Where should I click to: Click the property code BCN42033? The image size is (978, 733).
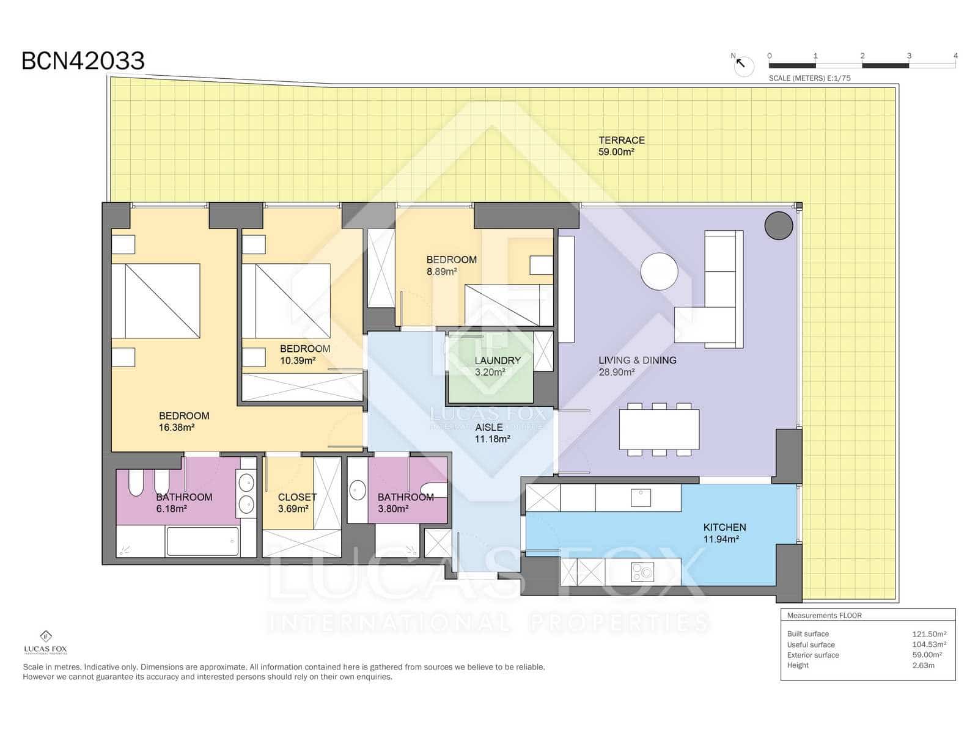[x=83, y=61]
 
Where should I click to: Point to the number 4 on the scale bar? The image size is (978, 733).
[x=955, y=56]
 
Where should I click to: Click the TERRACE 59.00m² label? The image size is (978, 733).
[x=621, y=146]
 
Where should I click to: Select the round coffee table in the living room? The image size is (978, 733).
[x=659, y=271]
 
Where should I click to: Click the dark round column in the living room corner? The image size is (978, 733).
[x=779, y=225]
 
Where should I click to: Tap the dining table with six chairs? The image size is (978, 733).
[x=659, y=429]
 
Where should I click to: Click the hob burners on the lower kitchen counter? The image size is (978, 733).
[x=642, y=572]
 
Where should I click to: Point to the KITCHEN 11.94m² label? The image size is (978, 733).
[x=724, y=533]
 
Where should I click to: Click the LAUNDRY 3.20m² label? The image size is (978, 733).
[x=497, y=366]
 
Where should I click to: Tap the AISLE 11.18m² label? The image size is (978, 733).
[x=491, y=433]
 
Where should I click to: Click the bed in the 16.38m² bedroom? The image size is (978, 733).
[x=156, y=301]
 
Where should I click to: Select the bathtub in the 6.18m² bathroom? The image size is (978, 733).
[x=202, y=541]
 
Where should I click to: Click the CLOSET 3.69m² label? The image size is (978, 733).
[x=296, y=503]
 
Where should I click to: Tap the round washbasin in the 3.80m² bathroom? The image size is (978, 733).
[x=358, y=490]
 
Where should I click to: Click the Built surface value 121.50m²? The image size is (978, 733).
[x=928, y=634]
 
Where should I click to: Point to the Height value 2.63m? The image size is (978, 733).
[x=923, y=665]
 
